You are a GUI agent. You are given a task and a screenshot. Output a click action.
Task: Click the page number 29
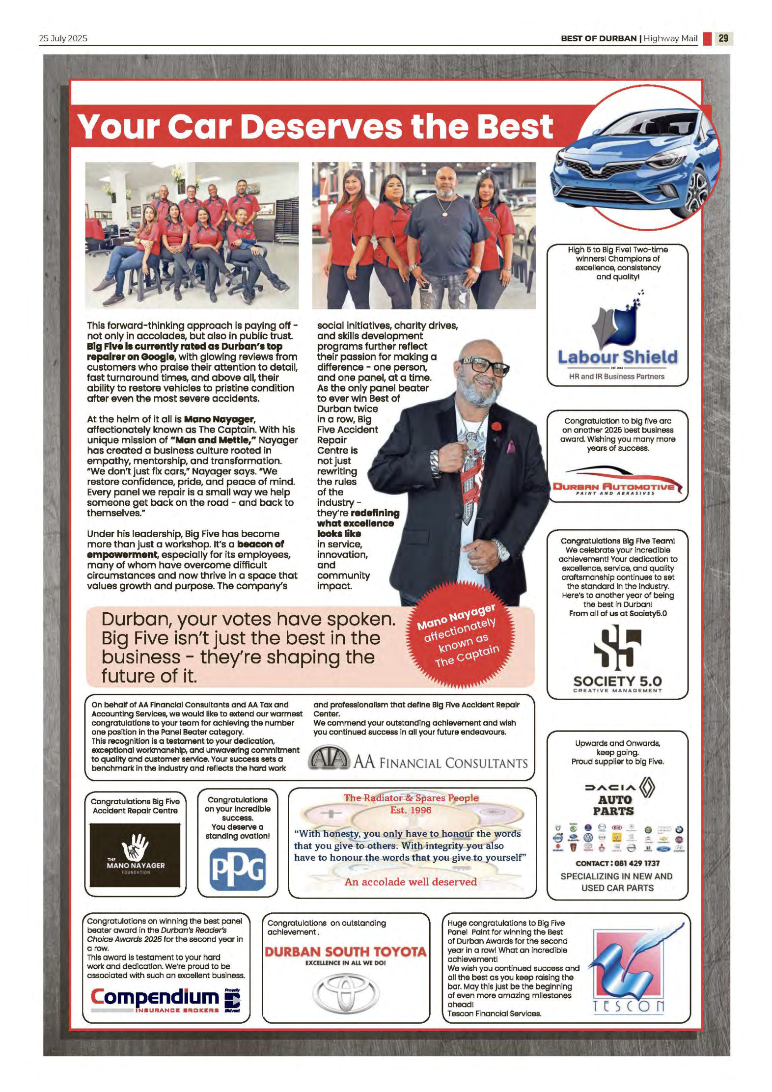click(x=723, y=38)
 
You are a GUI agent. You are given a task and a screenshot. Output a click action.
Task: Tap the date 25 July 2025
click(x=63, y=38)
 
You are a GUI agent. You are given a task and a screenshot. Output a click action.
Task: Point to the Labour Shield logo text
click(x=617, y=357)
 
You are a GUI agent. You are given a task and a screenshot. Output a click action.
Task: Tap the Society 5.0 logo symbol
click(x=617, y=647)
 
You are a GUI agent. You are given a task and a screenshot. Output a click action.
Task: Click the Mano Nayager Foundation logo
click(x=135, y=855)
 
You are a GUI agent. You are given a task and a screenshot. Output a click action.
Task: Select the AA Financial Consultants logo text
click(x=440, y=763)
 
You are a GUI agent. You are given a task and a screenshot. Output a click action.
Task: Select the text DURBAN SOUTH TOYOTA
click(x=346, y=952)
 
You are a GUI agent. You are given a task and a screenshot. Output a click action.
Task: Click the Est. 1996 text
click(x=411, y=810)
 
